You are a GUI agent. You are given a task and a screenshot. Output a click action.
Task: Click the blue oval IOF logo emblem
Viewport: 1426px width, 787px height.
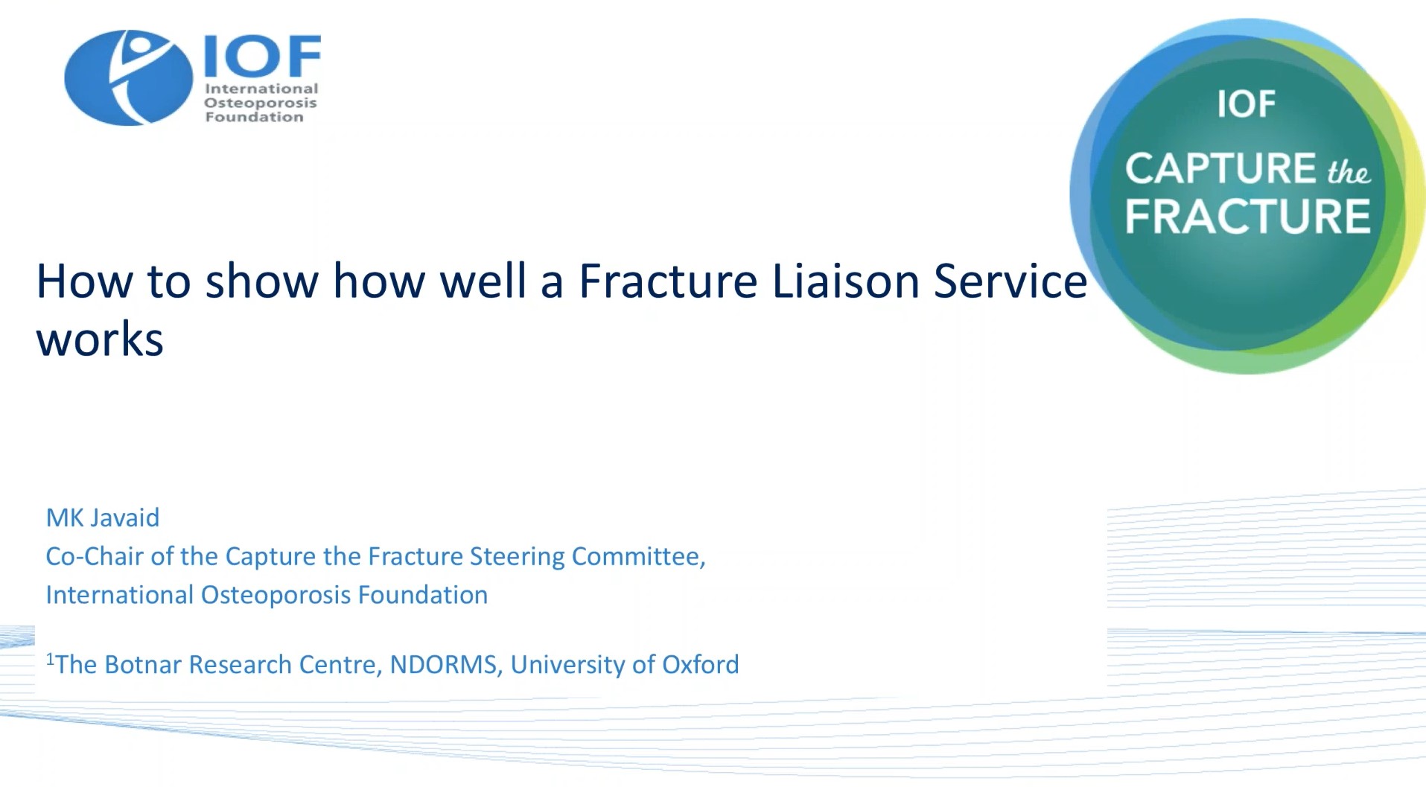pyautogui.click(x=128, y=77)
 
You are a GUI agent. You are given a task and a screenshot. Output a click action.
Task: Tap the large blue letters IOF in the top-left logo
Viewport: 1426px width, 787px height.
pyautogui.click(x=262, y=56)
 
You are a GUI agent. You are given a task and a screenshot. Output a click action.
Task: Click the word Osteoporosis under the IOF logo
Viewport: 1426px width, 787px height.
pyautogui.click(x=261, y=103)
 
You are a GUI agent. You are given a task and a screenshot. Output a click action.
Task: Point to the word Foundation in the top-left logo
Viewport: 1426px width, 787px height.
pyautogui.click(x=254, y=117)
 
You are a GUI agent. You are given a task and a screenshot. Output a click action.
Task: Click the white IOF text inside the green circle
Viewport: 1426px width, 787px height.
pyautogui.click(x=1246, y=104)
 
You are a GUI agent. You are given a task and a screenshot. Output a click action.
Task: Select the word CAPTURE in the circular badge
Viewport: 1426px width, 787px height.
pyautogui.click(x=1220, y=168)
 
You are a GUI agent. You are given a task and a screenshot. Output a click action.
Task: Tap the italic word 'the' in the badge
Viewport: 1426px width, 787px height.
pyautogui.click(x=1349, y=172)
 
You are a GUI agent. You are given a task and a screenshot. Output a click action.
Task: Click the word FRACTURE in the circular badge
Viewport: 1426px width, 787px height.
pyautogui.click(x=1247, y=217)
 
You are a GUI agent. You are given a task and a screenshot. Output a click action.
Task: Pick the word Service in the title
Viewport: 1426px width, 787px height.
pyautogui.click(x=1010, y=281)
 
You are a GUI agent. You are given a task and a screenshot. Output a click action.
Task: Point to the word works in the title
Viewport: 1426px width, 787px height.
pyautogui.click(x=100, y=341)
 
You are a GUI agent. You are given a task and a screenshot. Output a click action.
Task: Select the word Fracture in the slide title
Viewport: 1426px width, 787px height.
pyautogui.click(x=668, y=281)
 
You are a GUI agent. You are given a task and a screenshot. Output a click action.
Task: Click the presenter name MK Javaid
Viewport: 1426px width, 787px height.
pyautogui.click(x=103, y=517)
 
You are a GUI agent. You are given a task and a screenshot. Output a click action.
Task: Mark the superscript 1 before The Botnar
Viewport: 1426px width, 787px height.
pyautogui.click(x=50, y=658)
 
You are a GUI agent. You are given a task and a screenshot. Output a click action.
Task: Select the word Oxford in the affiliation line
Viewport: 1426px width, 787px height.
pyautogui.click(x=701, y=664)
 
